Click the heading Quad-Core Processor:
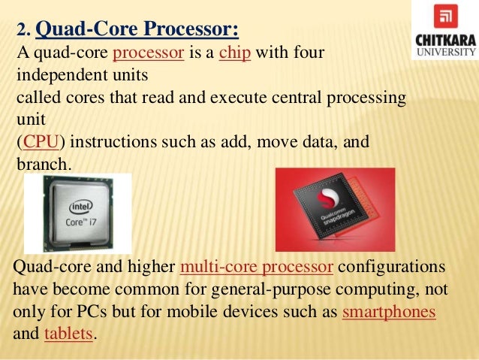(137, 29)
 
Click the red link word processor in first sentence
(148, 54)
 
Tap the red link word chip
(233, 54)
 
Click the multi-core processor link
(257, 268)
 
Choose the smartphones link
(388, 312)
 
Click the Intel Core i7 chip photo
(77, 213)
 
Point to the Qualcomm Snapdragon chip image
(335, 210)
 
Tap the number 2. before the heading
(23, 32)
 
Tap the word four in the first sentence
(311, 54)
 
